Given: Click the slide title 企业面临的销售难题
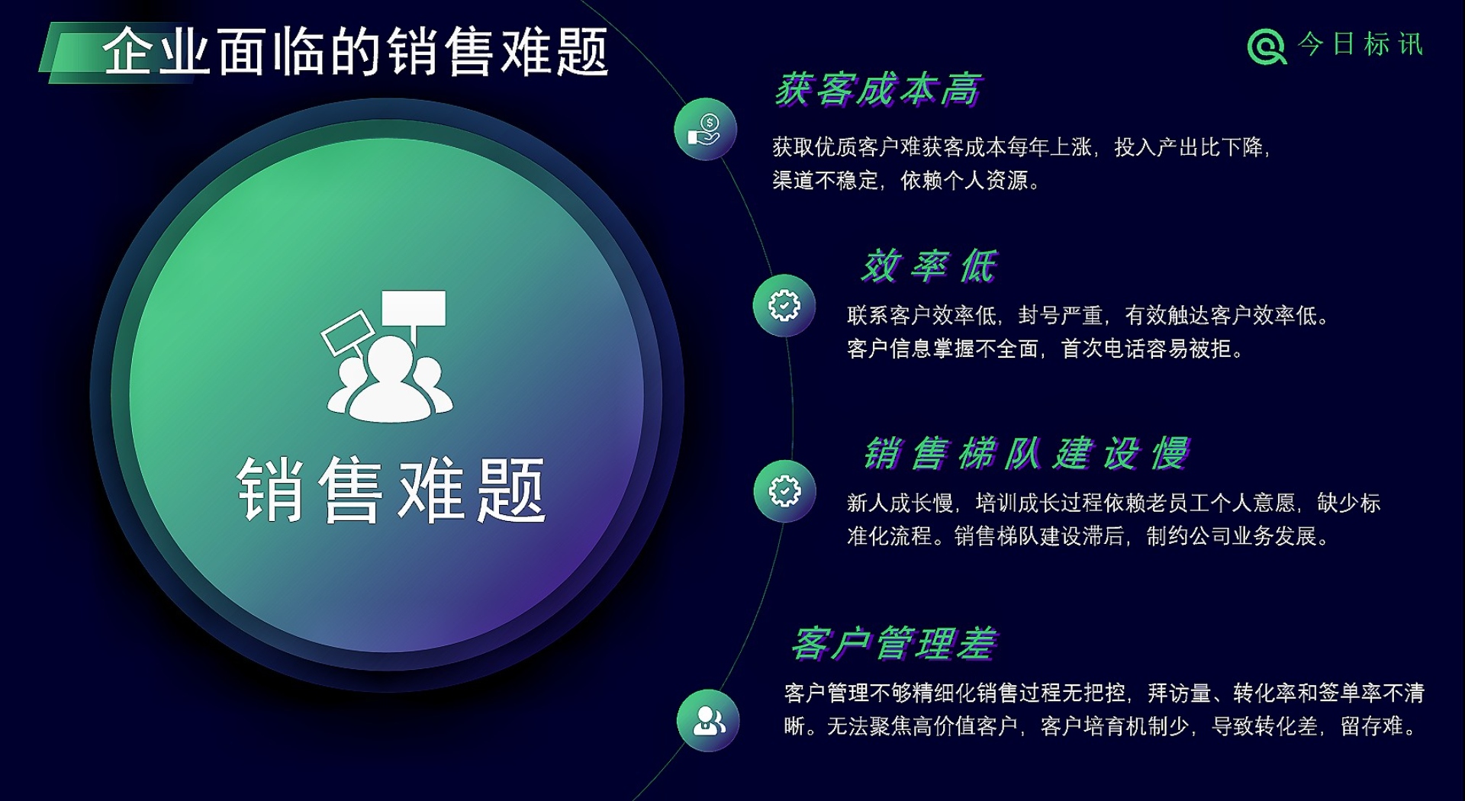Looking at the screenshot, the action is point(356,52).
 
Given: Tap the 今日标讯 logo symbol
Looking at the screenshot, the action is point(1267,47).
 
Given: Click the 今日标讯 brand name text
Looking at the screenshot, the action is point(1360,44).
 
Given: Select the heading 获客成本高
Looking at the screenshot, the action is point(877,89).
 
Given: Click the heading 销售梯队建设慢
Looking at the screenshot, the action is point(1026,453).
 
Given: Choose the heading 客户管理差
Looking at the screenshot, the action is point(893,643).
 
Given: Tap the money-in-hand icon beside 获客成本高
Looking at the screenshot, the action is point(705,129).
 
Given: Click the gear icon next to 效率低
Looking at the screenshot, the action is point(784,305).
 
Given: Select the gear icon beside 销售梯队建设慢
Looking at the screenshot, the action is point(784,491).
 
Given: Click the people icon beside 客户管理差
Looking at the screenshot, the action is point(708,721).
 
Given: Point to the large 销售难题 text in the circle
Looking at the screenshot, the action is point(391,490).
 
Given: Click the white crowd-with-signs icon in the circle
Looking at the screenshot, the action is point(387,356).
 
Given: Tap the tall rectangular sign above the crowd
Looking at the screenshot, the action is point(414,308).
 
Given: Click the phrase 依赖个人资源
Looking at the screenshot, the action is point(964,180).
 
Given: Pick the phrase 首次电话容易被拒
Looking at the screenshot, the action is point(1145,349).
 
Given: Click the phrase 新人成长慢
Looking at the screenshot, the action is point(900,503).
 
